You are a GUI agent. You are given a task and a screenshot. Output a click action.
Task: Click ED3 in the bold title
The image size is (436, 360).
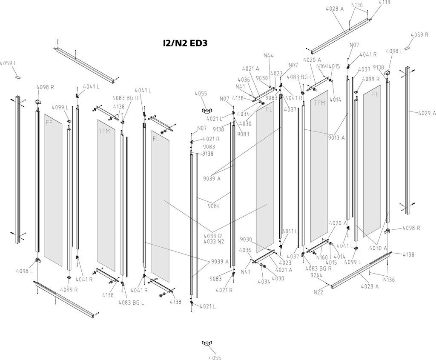coord(197,43)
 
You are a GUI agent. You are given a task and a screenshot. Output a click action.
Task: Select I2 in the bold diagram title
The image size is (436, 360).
coord(166,43)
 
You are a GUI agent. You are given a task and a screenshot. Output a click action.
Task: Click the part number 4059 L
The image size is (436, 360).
coord(8,63)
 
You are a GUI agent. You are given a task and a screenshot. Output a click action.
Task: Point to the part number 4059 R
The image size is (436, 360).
coord(419,34)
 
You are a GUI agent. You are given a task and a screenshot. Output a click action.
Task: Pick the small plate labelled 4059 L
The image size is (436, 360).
coord(17,77)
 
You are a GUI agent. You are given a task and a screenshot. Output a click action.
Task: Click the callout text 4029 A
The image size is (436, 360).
coord(427,113)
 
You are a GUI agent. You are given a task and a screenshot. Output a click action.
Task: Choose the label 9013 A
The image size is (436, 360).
coord(336,137)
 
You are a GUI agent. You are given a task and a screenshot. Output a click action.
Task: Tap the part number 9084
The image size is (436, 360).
coord(214,206)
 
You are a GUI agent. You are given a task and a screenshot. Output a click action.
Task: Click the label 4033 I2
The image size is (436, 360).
coord(213,236)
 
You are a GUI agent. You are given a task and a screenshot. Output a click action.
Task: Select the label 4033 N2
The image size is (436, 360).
coord(213,242)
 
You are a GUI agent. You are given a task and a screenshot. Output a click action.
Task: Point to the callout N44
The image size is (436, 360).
coord(268,55)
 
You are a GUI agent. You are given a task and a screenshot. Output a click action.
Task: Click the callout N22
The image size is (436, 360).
coord(318,292)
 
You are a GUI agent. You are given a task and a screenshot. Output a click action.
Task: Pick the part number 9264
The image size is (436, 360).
coord(316,275)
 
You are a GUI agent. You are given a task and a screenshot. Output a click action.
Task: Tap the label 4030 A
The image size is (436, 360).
coord(378,248)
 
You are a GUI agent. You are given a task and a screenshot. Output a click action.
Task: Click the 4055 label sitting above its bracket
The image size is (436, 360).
coord(201,93)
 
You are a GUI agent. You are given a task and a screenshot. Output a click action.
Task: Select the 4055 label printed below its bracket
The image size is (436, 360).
coord(215,357)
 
